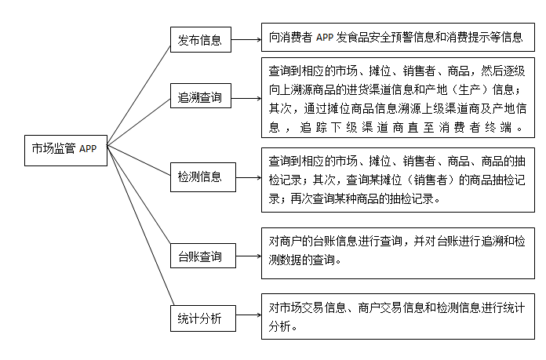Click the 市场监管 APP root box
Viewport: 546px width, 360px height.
pyautogui.click(x=65, y=149)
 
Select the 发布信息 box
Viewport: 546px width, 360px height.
pyautogui.click(x=201, y=39)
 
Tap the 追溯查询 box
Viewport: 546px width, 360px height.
pyautogui.click(x=201, y=97)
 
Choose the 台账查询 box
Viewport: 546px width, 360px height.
pyautogui.click(x=201, y=256)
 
